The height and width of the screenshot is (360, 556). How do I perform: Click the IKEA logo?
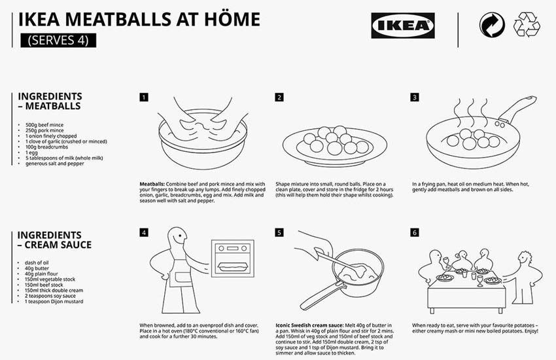coord(403,26)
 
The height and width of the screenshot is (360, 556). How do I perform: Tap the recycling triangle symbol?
coord(527,24)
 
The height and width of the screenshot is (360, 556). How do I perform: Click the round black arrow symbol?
coord(492,25)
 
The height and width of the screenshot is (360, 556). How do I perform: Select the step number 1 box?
coord(144,97)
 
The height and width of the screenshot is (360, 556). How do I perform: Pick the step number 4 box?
coord(144,232)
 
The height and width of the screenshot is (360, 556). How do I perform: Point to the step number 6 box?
coord(415,232)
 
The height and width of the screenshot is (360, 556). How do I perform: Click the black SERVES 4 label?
coord(58,40)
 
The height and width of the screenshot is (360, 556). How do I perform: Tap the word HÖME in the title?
coord(232,19)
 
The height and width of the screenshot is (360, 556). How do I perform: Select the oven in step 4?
coord(233,259)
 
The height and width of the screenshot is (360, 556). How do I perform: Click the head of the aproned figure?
coord(177,236)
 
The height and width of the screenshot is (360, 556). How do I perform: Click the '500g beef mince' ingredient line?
coord(44,125)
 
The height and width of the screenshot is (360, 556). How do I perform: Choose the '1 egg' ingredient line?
coord(31,153)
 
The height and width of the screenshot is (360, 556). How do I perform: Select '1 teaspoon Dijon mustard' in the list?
coord(54,302)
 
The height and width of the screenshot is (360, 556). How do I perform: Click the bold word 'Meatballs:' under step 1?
coord(152,184)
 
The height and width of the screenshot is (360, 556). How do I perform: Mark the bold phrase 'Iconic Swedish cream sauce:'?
coord(309,325)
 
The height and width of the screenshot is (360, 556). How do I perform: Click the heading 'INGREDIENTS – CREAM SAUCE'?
coord(54,240)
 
